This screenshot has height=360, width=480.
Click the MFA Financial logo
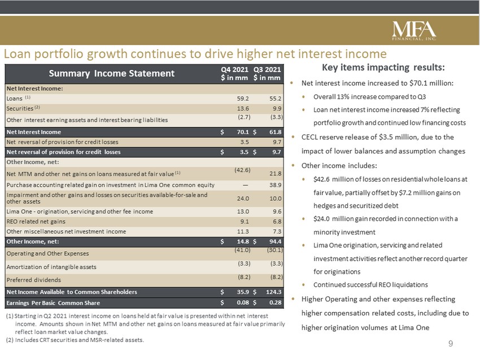[x=414, y=30]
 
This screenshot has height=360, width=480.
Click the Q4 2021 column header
[x=234, y=74]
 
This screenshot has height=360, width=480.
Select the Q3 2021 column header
[x=267, y=74]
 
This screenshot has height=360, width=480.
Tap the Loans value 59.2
[x=243, y=99]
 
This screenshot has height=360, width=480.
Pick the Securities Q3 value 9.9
[x=277, y=108]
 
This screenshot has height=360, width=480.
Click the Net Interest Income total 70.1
[x=243, y=132]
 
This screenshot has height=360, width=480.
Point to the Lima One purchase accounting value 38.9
[x=276, y=185]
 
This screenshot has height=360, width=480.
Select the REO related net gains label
[x=36, y=221]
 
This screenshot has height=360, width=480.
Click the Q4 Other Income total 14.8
[x=243, y=242]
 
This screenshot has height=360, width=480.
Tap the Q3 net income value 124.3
[x=274, y=292]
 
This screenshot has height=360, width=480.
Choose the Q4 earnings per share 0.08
[x=243, y=303]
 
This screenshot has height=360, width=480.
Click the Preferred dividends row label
[x=34, y=280]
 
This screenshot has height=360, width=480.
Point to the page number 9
[x=451, y=344]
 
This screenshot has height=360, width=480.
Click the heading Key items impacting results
[x=383, y=67]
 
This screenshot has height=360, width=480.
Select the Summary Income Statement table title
[x=112, y=73]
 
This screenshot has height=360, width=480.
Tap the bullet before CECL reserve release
[x=293, y=137]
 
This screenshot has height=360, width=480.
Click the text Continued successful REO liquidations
[x=370, y=285]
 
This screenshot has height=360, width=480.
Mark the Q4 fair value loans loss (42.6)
[x=242, y=170]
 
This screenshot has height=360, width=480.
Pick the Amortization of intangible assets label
[x=51, y=267]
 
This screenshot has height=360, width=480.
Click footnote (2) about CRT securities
[x=75, y=340]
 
